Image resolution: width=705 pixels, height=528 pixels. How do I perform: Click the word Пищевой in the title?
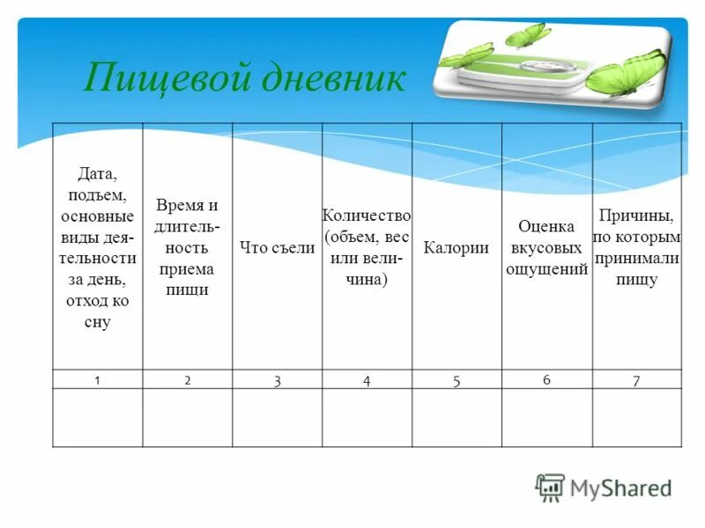(x=162, y=79)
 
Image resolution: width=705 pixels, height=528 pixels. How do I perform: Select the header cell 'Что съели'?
(x=277, y=248)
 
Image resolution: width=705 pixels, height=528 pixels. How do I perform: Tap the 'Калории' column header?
(x=456, y=248)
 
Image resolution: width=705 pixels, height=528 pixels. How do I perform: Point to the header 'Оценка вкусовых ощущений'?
(x=546, y=248)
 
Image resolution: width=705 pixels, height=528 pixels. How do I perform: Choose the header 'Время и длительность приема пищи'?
(x=187, y=247)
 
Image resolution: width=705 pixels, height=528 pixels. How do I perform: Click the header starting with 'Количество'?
(x=367, y=247)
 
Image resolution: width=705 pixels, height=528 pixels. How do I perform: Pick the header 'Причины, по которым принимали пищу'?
(x=637, y=247)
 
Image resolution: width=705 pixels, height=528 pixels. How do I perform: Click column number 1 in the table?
(x=98, y=378)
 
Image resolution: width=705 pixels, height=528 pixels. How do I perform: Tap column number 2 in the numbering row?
(x=188, y=379)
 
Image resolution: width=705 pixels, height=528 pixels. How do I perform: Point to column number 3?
(x=277, y=380)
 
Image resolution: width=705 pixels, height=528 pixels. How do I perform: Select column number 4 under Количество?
(x=367, y=380)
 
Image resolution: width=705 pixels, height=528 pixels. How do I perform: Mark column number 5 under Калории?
(x=456, y=380)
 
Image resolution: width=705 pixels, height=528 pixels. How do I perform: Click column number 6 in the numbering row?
(x=546, y=379)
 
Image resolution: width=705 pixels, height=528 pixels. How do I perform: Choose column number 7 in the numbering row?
(x=636, y=380)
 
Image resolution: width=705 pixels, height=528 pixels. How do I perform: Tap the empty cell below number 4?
(x=367, y=417)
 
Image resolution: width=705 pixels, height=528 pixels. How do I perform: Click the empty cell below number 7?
(x=636, y=417)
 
